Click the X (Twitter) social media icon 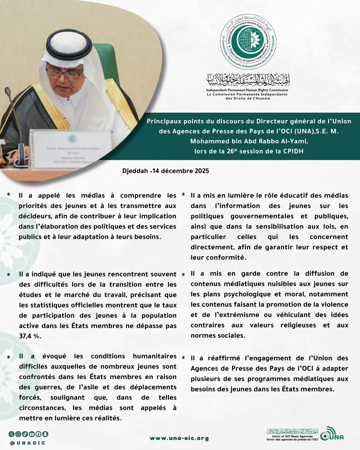12,434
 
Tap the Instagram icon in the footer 18,434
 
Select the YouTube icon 32,434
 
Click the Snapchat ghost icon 45,434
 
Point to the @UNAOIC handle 28,443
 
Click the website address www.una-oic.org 179,438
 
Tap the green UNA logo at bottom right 332,434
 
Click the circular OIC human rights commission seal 248,41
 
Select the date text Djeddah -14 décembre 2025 166,171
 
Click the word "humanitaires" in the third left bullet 155,356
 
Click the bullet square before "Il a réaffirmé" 183,358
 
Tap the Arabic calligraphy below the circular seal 248,79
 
